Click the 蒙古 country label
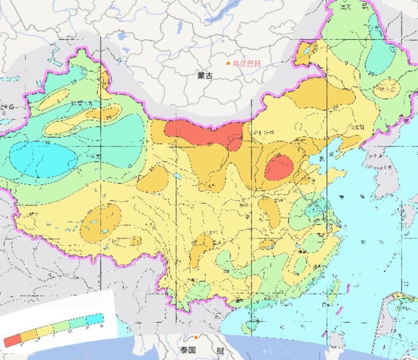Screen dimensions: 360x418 pyautogui.click(x=206, y=76)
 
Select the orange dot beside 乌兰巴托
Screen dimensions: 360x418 pyautogui.click(x=229, y=64)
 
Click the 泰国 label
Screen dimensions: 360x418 pyautogui.click(x=189, y=350)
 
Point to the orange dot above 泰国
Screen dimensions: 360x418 pyautogui.click(x=195, y=338)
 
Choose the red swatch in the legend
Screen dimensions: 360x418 pyautogui.click(x=13, y=340)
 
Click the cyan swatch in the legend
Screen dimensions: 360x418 pyautogui.click(x=94, y=319)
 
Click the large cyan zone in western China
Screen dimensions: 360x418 pyautogui.click(x=44, y=158)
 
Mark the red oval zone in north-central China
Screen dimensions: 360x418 pyautogui.click(x=279, y=167)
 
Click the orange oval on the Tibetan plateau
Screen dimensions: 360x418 pyautogui.click(x=101, y=223)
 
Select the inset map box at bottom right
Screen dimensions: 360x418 pyautogui.click(x=400, y=321)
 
